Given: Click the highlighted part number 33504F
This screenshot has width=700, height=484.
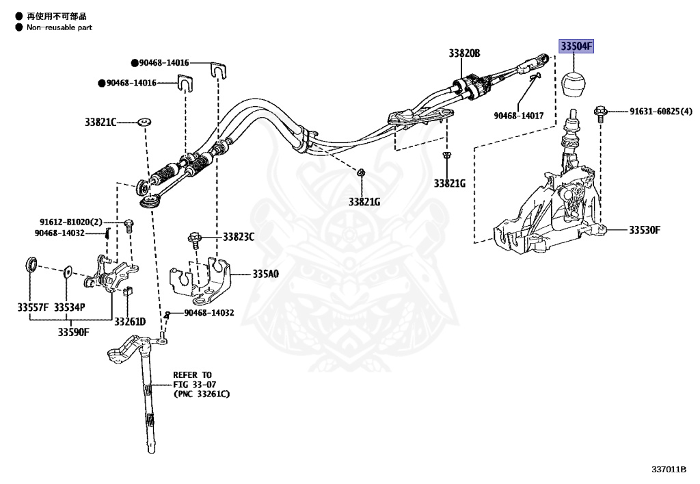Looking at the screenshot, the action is [x=576, y=46].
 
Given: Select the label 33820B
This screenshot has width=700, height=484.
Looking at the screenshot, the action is [x=464, y=53].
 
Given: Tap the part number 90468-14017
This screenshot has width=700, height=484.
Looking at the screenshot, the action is [x=518, y=116].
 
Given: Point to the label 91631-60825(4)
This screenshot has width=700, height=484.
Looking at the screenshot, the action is [x=661, y=112].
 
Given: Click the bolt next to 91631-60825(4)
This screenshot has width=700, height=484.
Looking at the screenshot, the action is [x=600, y=113].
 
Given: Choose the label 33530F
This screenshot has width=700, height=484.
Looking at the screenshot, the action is [x=644, y=230].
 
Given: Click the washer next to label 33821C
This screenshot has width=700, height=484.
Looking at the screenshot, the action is [x=144, y=122].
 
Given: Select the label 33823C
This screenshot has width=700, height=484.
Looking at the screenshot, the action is [x=239, y=237].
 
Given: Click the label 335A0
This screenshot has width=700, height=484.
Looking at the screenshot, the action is [x=266, y=274].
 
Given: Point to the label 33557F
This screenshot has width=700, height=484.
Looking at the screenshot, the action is [x=33, y=307].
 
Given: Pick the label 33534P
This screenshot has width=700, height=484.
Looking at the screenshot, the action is [x=69, y=307].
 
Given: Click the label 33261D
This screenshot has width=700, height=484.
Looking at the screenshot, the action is [x=130, y=322].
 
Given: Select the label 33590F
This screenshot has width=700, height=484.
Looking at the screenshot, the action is [x=73, y=332].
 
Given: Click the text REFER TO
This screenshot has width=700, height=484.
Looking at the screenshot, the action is [x=192, y=375].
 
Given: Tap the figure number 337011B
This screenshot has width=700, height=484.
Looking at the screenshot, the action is [x=669, y=469].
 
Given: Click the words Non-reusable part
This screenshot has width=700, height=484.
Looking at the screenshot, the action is [x=59, y=27].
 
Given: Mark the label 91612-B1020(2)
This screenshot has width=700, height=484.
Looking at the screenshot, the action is [x=71, y=222].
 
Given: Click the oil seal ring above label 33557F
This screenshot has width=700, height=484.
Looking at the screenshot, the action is [x=31, y=264].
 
